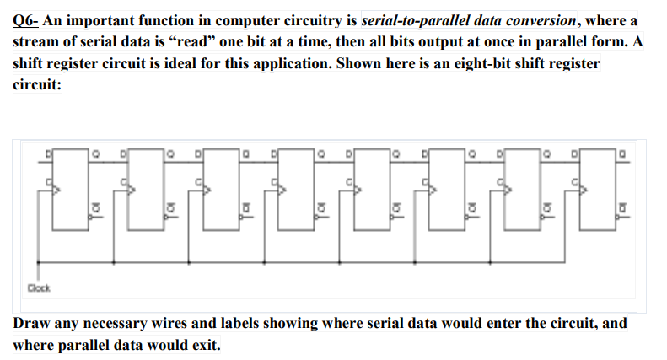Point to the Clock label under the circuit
[x=38, y=288]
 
